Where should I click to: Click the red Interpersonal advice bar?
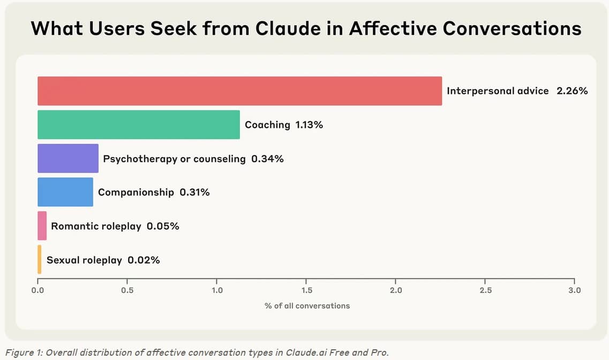tap(239, 91)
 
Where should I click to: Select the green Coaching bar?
tap(138, 125)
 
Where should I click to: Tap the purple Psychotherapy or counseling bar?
tap(68, 159)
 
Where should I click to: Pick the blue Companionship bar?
tap(65, 192)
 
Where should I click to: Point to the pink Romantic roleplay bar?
tap(42, 226)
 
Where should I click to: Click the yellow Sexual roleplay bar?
tap(39, 260)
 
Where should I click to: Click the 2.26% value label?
tap(572, 91)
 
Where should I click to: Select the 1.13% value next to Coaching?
tap(309, 125)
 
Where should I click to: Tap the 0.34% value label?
tap(267, 159)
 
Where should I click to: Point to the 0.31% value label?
tap(194, 192)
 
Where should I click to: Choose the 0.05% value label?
tap(163, 226)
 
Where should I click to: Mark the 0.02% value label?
tap(144, 260)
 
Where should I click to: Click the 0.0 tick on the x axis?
tap(37, 290)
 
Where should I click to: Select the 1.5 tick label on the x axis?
tap(306, 290)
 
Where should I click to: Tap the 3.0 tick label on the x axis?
tap(574, 290)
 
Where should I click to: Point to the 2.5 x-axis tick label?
tap(485, 290)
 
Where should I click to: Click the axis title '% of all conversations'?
tap(307, 305)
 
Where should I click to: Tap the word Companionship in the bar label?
tap(136, 192)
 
